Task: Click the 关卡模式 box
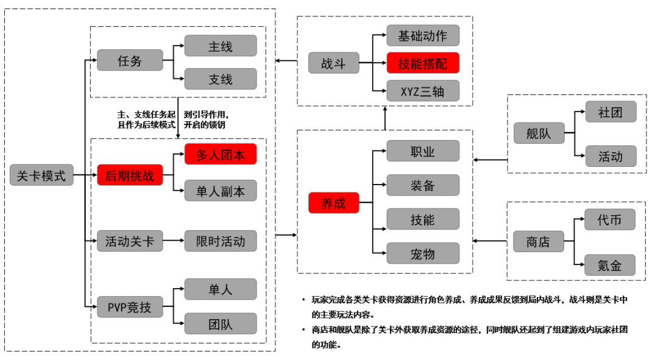pos(41,175)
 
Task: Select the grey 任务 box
pos(130,61)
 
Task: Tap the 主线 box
pos(221,46)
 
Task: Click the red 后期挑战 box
pos(130,175)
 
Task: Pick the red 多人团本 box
pos(221,155)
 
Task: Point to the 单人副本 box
pos(221,191)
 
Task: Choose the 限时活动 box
pos(221,241)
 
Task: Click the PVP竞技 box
pos(130,307)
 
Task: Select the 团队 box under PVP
pos(221,323)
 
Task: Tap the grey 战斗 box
pos(333,63)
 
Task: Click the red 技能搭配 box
pos(423,63)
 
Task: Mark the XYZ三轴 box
pos(423,91)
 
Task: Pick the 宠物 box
pos(423,253)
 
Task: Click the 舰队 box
pos(539,133)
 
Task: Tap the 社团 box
pos(610,112)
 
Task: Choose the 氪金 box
pos(610,265)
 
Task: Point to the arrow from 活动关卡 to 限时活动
pos(174,241)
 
